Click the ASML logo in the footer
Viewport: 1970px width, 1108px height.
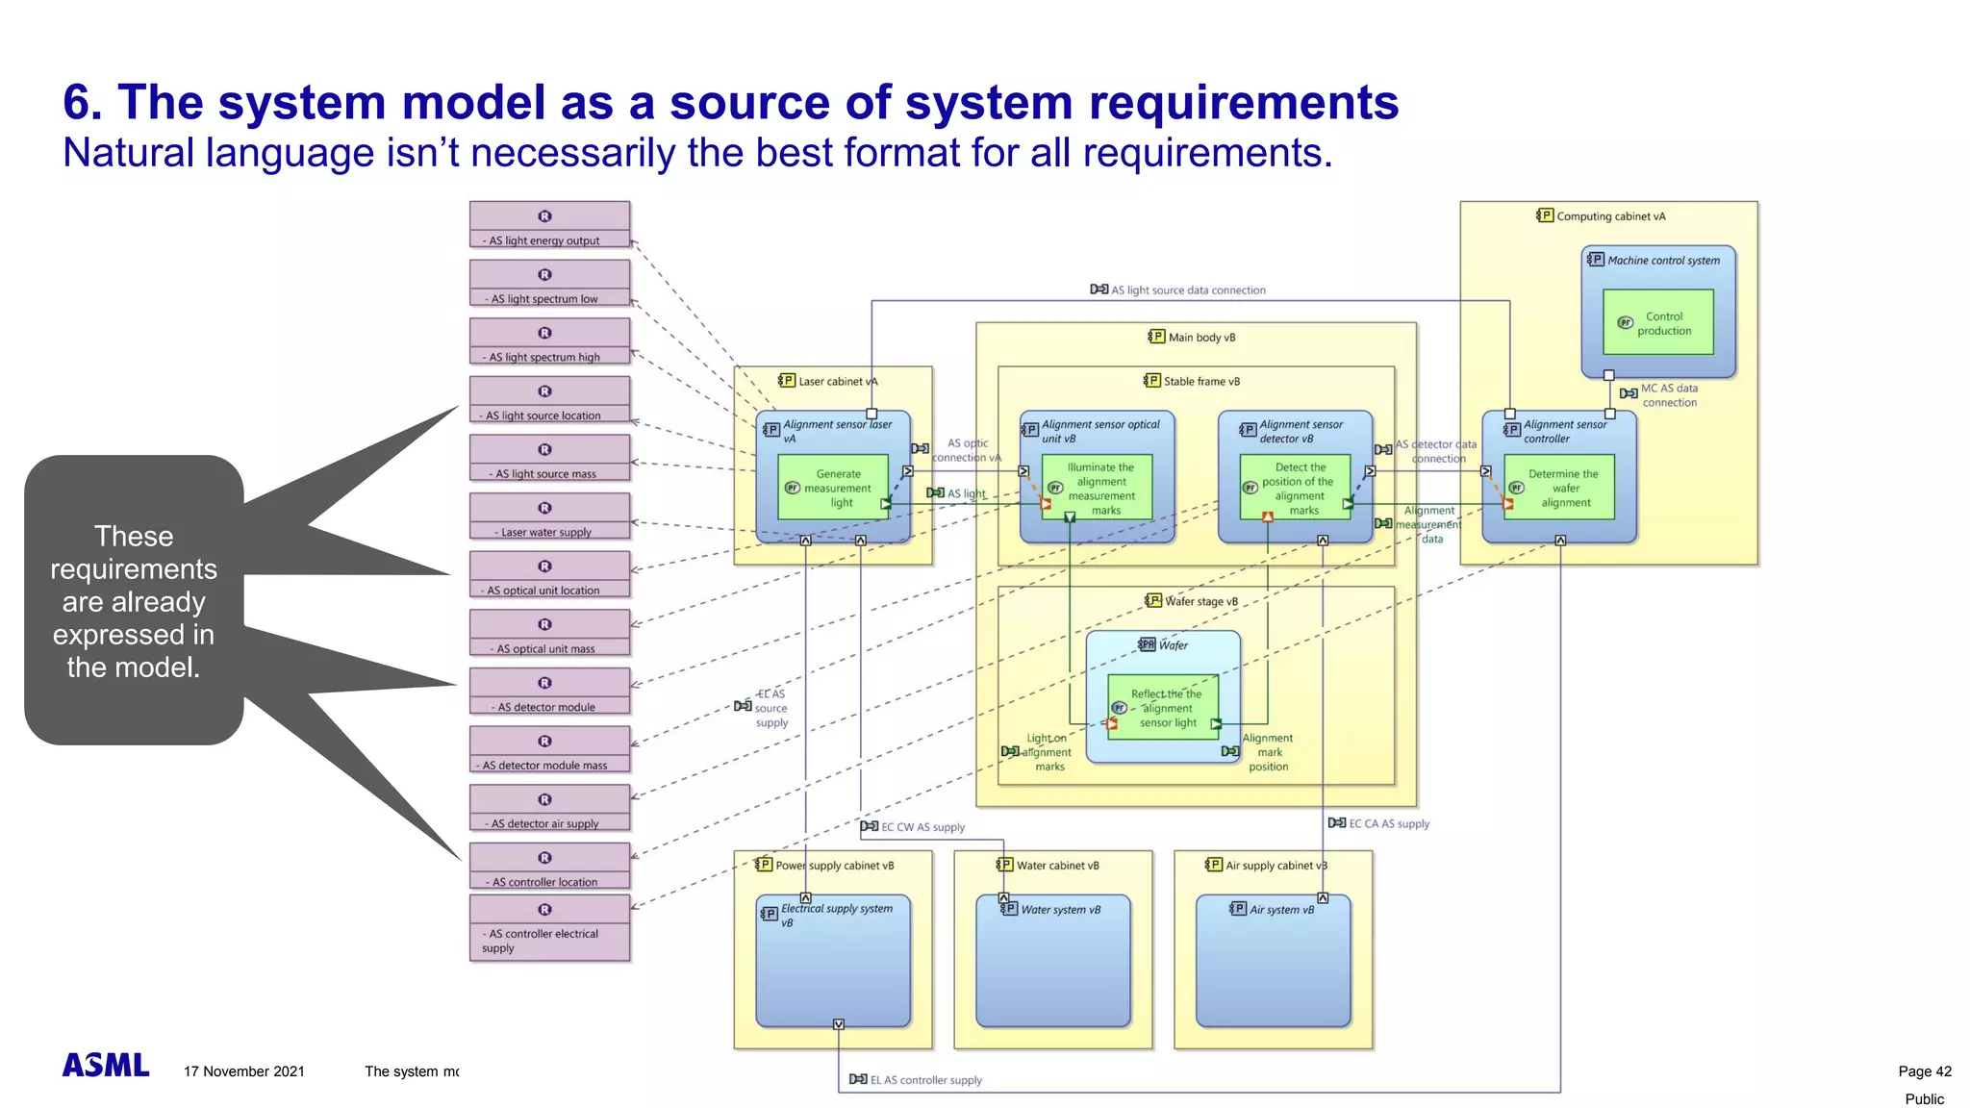(106, 1066)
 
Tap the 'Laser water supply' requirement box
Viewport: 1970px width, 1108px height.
(549, 516)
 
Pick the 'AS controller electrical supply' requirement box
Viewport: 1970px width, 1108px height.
(549, 928)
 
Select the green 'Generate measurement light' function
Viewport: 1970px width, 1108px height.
(833, 489)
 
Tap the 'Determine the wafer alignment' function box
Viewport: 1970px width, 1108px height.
(1559, 489)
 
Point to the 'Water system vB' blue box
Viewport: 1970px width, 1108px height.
(1052, 962)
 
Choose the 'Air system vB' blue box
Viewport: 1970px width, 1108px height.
(1273, 962)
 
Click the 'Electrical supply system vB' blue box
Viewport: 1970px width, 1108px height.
(833, 962)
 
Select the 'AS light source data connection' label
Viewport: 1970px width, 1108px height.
(1188, 290)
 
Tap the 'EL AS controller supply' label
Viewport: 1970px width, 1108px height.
(925, 1080)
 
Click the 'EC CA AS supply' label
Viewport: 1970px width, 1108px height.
(1388, 824)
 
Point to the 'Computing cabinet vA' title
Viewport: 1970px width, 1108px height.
(1610, 216)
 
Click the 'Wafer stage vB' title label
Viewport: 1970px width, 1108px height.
(1200, 601)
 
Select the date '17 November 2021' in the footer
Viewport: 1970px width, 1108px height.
(244, 1071)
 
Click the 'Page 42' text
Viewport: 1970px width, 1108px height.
(1924, 1071)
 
